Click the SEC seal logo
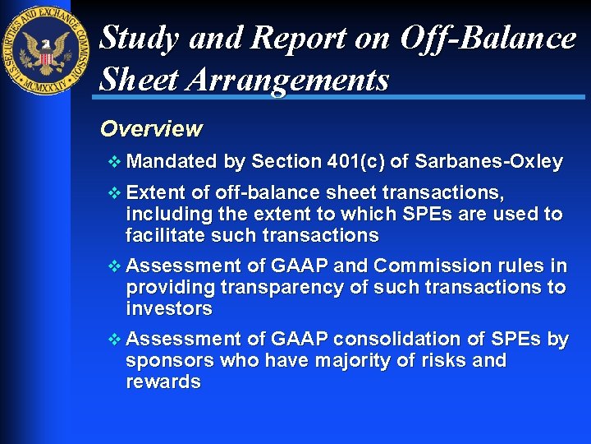(x=47, y=49)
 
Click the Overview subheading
(x=150, y=129)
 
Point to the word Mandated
(x=172, y=162)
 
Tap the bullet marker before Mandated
(x=114, y=162)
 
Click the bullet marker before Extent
(x=114, y=193)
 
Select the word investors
(x=168, y=309)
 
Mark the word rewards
(x=163, y=382)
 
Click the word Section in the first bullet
(x=286, y=162)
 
